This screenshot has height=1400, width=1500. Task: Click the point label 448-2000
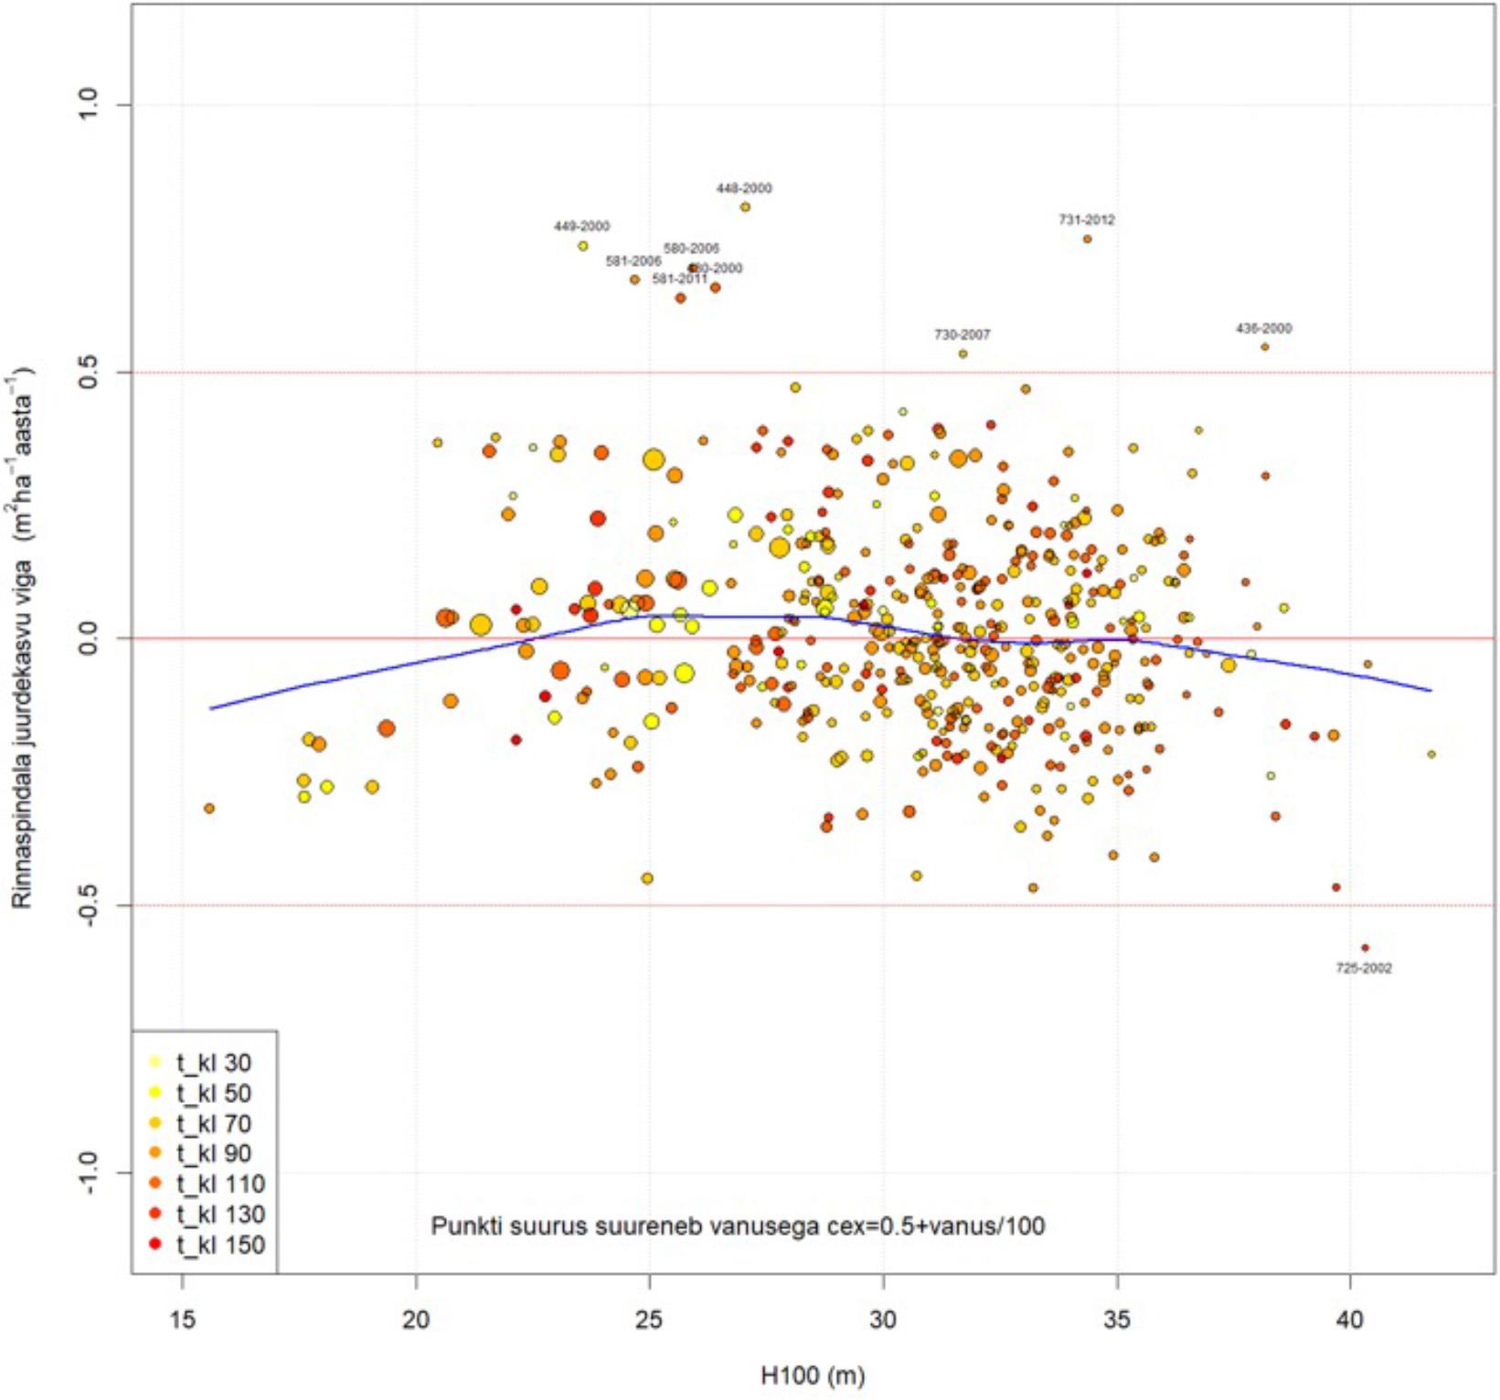(x=743, y=188)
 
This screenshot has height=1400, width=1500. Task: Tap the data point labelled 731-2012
(x=1087, y=239)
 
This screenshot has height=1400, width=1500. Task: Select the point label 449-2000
(x=581, y=226)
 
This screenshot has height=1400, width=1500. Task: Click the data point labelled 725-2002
(x=1365, y=949)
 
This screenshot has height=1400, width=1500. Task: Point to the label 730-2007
(x=962, y=335)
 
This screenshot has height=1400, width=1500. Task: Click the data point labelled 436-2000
(x=1264, y=347)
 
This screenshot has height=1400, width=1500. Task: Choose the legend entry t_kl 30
(x=213, y=1063)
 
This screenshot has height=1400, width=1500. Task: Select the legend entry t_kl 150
(x=219, y=1245)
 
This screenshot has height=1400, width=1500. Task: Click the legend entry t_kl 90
(x=213, y=1153)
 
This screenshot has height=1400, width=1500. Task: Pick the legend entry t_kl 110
(x=219, y=1184)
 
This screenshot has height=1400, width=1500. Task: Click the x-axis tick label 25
(x=649, y=1320)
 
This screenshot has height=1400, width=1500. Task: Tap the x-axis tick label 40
(x=1349, y=1320)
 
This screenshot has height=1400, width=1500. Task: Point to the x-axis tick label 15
(x=183, y=1320)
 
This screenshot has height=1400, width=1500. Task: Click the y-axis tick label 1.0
(x=88, y=105)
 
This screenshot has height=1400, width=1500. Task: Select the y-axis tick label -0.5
(x=88, y=906)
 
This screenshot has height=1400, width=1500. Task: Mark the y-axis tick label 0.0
(x=88, y=639)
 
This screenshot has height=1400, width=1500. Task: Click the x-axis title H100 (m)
(x=813, y=1375)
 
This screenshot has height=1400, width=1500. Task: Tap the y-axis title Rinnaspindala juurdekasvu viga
(x=22, y=639)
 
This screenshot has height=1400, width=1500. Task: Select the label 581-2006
(x=633, y=261)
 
